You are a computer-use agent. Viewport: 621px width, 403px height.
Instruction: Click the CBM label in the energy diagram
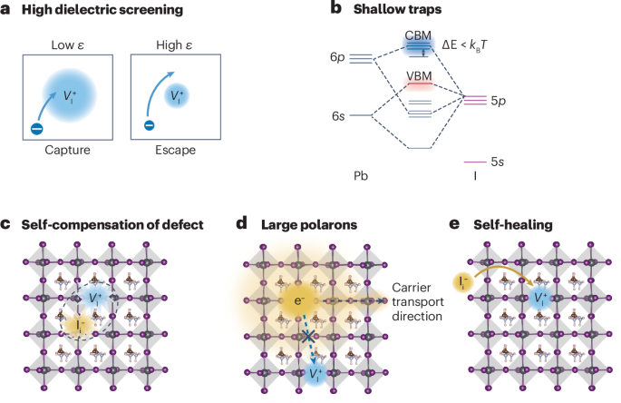pos(418,35)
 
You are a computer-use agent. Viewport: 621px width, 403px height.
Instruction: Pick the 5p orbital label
pos(500,99)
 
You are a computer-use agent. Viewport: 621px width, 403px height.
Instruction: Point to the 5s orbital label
pos(500,162)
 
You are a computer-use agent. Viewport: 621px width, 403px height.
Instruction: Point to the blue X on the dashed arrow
pos(309,337)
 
